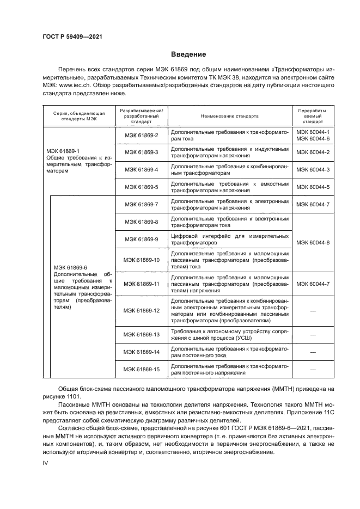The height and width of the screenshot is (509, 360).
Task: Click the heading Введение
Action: pos(188,54)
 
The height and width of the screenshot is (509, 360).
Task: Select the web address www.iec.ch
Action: pos(74,85)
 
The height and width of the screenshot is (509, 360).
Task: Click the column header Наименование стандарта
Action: pos(229,116)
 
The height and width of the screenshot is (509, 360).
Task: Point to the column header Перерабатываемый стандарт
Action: pos(313,116)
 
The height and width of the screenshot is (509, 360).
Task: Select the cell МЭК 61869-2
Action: pos(141,136)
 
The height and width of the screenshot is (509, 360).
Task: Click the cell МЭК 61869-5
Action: pos(141,187)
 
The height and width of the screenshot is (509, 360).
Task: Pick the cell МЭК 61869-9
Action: pos(141,239)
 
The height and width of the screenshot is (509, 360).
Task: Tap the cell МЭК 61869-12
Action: pos(141,310)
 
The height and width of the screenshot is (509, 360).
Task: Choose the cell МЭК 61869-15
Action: pos(141,370)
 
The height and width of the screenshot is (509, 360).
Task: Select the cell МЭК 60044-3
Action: pos(313,170)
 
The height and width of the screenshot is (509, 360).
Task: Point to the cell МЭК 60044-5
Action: pos(313,187)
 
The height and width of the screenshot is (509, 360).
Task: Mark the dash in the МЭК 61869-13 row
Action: pos(313,335)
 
